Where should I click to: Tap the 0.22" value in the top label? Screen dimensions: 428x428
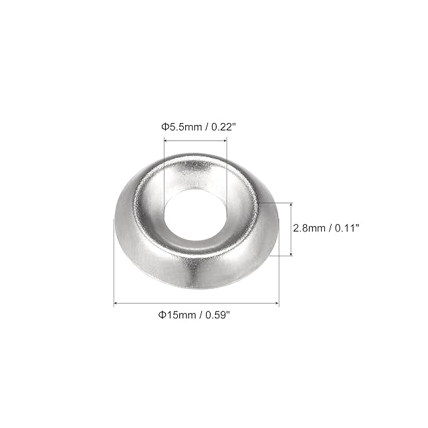[x=223, y=127]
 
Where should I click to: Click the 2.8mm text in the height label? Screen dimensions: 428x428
[x=310, y=228]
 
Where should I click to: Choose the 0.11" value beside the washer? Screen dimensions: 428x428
[x=346, y=228]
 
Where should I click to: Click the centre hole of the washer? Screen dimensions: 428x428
[x=195, y=215]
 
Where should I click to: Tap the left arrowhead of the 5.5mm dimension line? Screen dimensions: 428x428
[x=165, y=140]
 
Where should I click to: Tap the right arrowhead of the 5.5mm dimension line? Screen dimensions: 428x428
[x=225, y=140]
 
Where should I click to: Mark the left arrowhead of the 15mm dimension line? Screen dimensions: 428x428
[x=115, y=303]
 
